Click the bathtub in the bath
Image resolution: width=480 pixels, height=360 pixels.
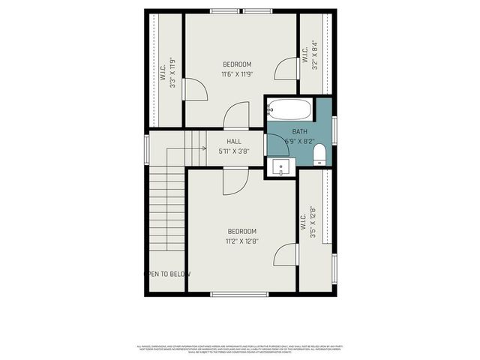pos(288,109)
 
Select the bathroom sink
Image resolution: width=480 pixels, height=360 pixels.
pos(280,166)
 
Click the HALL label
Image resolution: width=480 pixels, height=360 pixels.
pos(233,141)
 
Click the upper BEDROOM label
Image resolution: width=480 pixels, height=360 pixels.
pos(237,64)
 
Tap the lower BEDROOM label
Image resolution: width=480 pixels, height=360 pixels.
pos(241,231)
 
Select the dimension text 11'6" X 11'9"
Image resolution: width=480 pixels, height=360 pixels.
pos(237,74)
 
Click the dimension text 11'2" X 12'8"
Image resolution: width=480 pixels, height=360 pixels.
pos(241,241)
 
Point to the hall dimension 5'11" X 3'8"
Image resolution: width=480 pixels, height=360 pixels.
pos(233,151)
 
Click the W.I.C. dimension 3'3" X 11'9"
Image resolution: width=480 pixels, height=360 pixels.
pos(172,73)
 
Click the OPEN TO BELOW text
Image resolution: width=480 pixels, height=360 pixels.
pos(168,274)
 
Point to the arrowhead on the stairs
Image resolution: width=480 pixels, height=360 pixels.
pos(203,148)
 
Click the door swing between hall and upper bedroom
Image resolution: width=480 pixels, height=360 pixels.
pos(235,116)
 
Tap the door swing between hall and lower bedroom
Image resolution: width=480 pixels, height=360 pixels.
pos(234,181)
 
